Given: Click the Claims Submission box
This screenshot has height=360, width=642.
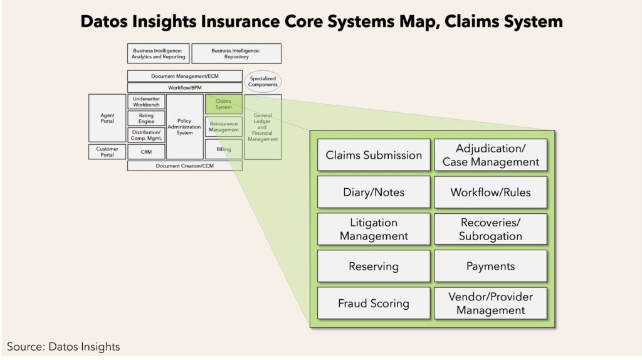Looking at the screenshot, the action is point(374,155).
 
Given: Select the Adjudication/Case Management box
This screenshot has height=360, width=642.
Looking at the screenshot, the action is point(490,155).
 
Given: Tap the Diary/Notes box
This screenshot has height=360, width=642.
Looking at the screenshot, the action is point(374,192).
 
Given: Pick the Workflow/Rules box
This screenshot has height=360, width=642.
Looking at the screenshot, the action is point(490,192).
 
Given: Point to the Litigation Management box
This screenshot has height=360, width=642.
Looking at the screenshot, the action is point(374,229).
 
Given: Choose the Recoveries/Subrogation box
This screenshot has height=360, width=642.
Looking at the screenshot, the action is point(490,229).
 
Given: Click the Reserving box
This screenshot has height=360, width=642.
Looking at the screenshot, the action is point(374,266).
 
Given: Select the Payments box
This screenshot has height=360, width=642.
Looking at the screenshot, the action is point(490,266).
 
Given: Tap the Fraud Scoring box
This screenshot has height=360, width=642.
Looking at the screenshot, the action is point(374,303).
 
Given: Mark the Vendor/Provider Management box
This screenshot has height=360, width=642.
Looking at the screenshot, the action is point(490,303).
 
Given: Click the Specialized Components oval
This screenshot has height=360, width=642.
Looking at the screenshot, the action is point(263,82).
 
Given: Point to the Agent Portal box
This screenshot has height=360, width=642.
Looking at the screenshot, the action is point(107,118).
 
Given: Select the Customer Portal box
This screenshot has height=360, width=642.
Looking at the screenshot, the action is point(107,152).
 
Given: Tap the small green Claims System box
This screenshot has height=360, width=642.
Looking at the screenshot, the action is point(224,104).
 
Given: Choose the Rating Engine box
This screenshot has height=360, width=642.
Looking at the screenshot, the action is point(146,119).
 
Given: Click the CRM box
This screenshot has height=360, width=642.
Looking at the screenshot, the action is point(146,152).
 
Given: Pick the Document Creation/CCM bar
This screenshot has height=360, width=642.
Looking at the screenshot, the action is point(185,166).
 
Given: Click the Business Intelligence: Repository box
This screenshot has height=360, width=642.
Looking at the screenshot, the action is point(236,54).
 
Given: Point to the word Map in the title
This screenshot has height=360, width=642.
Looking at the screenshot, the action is point(418,22).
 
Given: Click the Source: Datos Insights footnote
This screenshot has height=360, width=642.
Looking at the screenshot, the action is point(63,346).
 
